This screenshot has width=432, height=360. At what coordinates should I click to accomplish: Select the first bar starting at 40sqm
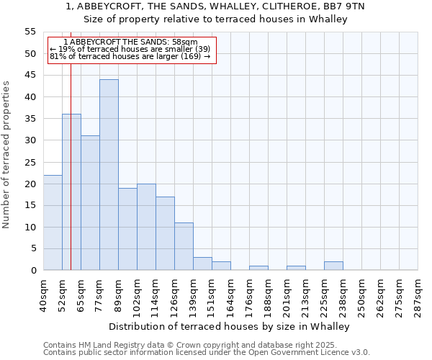[x=53, y=222]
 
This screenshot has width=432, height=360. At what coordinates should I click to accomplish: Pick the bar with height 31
[x=90, y=203]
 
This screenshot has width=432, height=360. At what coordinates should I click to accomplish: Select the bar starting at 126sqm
[x=184, y=246]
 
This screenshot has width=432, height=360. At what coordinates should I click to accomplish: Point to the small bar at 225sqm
[x=333, y=266]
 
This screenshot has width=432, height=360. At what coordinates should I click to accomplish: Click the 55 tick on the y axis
[x=30, y=32]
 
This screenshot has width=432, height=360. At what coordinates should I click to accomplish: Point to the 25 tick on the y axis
[x=30, y=162]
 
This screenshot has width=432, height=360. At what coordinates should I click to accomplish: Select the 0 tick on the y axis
[x=33, y=271]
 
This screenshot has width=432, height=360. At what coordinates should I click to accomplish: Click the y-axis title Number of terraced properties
[x=6, y=155]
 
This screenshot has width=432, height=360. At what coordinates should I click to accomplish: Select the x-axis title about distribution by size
[x=230, y=327]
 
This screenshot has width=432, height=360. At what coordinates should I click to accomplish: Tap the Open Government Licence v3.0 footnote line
[x=207, y=353]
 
